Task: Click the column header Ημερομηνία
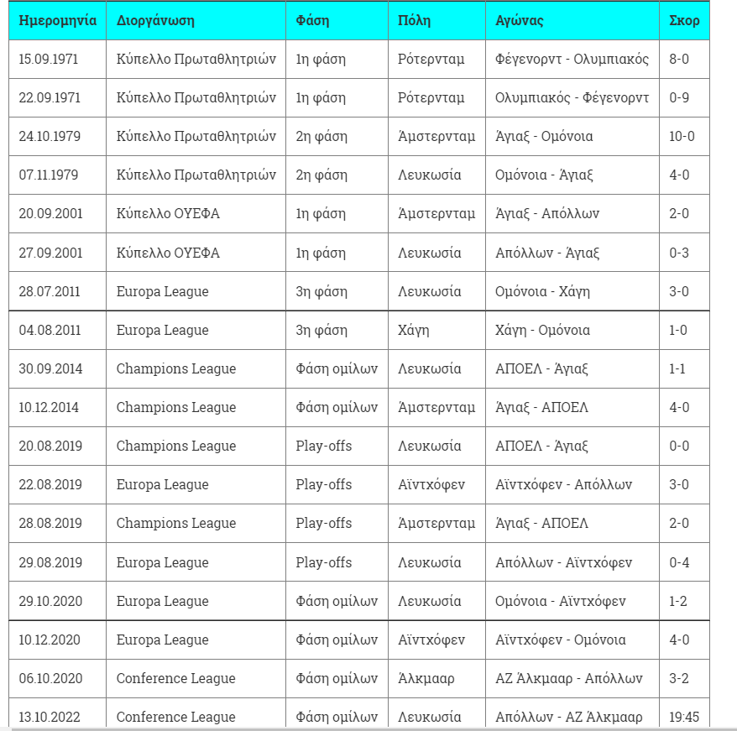click(x=57, y=20)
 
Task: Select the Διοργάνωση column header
click(x=155, y=20)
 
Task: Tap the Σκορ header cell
click(x=684, y=20)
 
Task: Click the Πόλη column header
click(x=415, y=20)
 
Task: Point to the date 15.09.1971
click(x=50, y=59)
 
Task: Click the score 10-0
click(x=682, y=136)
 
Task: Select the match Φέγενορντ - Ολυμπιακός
click(x=572, y=59)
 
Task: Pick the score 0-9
click(x=679, y=97)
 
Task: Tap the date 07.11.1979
click(x=50, y=175)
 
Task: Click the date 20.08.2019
click(x=50, y=446)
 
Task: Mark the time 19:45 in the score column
click(x=683, y=717)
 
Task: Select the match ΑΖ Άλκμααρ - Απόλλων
click(x=568, y=678)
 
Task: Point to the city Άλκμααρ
click(x=426, y=678)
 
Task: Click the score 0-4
click(x=679, y=562)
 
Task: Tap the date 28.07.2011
click(x=50, y=291)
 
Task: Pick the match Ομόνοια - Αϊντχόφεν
click(x=560, y=601)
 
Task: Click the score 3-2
click(x=679, y=678)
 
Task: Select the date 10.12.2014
click(x=50, y=407)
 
